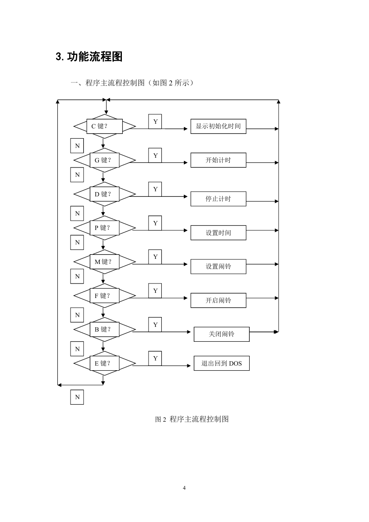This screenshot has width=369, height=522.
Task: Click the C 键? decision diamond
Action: click(x=105, y=126)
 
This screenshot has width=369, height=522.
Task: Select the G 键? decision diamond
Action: click(x=105, y=160)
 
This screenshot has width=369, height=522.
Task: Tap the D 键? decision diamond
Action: click(x=105, y=194)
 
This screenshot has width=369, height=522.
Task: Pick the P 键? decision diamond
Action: click(x=105, y=228)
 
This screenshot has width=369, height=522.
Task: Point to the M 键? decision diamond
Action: click(x=105, y=262)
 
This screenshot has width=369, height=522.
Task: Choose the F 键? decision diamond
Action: click(x=105, y=296)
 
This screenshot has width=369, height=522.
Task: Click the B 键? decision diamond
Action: click(x=105, y=329)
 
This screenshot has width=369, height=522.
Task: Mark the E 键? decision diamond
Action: click(x=105, y=363)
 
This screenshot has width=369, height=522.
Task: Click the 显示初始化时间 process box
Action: click(x=218, y=126)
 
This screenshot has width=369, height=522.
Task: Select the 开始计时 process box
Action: click(x=218, y=160)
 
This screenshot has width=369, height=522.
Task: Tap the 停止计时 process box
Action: click(x=218, y=199)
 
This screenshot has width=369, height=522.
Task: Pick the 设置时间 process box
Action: click(x=218, y=233)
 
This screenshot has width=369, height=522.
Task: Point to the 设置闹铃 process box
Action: click(x=218, y=267)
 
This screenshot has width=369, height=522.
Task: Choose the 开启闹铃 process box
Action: click(x=218, y=301)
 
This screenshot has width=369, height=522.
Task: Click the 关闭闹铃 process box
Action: click(x=222, y=334)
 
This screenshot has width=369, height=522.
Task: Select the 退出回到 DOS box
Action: click(x=222, y=363)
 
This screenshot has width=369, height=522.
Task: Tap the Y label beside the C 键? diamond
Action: click(x=155, y=122)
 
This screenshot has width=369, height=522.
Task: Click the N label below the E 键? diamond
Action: click(x=77, y=397)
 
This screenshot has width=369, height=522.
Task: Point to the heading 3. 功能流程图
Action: click(x=89, y=57)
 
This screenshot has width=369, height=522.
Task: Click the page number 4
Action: click(x=184, y=488)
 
